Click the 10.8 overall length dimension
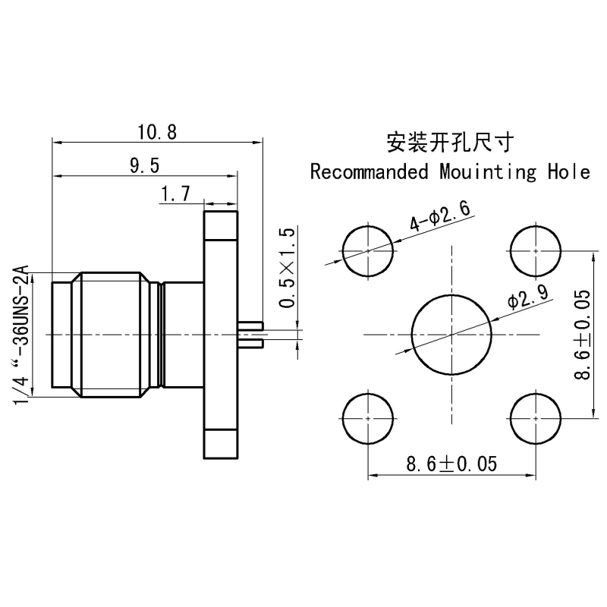(157, 132)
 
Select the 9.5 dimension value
(144, 165)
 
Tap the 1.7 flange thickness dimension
(175, 194)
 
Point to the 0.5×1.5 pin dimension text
(288, 268)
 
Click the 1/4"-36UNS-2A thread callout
(21, 335)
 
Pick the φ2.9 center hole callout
(528, 297)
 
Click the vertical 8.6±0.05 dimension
(582, 334)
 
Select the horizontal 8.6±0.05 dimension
(451, 464)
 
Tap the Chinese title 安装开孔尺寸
(451, 143)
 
